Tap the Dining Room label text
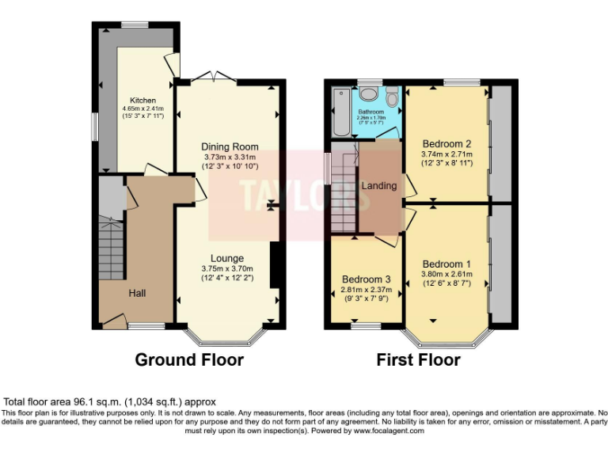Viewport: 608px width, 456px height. [230, 146]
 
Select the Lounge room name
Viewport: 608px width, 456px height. [226, 258]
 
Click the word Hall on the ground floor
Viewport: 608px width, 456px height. [138, 294]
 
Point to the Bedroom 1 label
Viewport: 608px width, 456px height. [446, 264]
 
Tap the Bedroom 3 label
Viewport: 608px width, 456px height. [366, 279]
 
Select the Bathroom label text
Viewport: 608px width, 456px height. [370, 112]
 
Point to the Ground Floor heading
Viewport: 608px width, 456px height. [189, 360]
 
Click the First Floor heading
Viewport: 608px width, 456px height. [418, 360]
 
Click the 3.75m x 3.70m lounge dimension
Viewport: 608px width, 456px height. [226, 268]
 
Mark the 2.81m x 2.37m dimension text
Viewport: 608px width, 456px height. [366, 290]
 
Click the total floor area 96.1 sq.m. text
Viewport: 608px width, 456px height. [110, 402]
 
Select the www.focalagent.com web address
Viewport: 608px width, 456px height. [389, 431]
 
